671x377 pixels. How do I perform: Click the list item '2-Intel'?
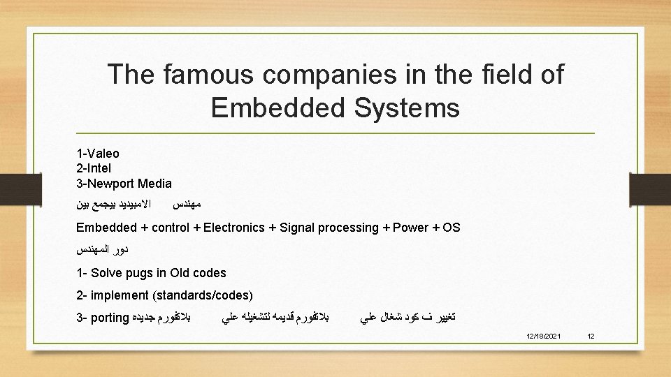pyautogui.click(x=94, y=168)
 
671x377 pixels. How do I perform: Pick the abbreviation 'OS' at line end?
pyautogui.click(x=451, y=228)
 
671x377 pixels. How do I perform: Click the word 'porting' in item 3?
pyautogui.click(x=109, y=318)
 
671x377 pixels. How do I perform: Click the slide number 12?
pyautogui.click(x=591, y=337)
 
